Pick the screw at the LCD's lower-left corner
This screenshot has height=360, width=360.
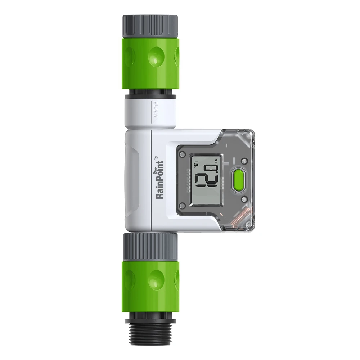182,205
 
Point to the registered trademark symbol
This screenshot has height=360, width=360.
156,157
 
